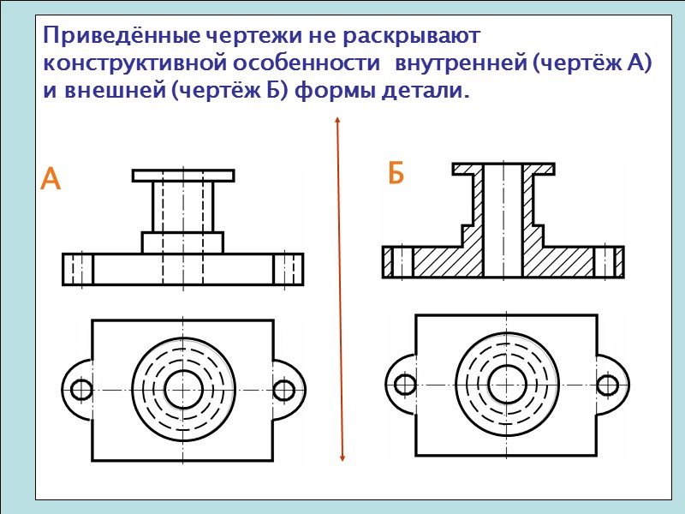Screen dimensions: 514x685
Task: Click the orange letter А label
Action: click(x=51, y=180)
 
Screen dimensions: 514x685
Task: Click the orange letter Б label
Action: click(x=395, y=174)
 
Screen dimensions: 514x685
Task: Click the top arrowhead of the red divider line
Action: click(x=338, y=123)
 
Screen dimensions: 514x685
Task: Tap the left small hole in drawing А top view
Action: click(x=81, y=390)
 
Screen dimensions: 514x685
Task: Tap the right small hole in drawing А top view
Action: click(x=283, y=390)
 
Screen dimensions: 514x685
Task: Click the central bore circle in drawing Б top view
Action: click(x=505, y=383)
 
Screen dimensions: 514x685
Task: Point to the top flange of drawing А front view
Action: click(x=183, y=176)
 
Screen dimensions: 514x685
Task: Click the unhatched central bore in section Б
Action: click(x=503, y=223)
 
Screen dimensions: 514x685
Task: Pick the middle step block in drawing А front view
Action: click(x=182, y=242)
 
